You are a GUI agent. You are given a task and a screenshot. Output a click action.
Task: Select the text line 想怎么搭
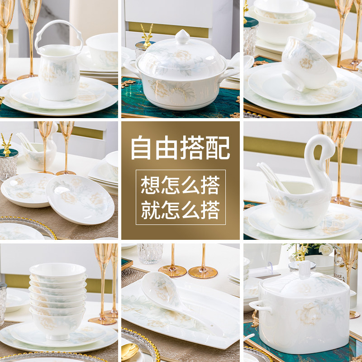[x=180, y=186]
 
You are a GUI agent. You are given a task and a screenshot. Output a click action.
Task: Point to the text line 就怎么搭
[x=180, y=210]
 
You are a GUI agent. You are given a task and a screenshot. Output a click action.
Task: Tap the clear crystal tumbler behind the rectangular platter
[x=150, y=253]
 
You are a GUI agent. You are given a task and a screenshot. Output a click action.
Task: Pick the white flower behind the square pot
[x=325, y=249]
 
